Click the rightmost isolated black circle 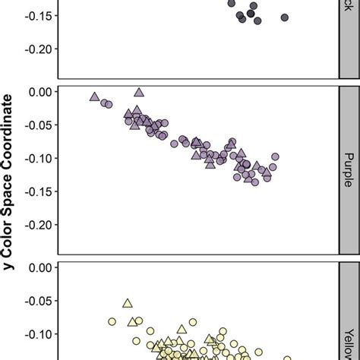(285, 17)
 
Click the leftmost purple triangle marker (94, 97)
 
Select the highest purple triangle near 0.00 (138, 93)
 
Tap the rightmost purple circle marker (275, 157)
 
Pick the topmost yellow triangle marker (128, 303)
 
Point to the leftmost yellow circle (112, 321)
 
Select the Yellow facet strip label (349, 319)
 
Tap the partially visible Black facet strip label (349, 15)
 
